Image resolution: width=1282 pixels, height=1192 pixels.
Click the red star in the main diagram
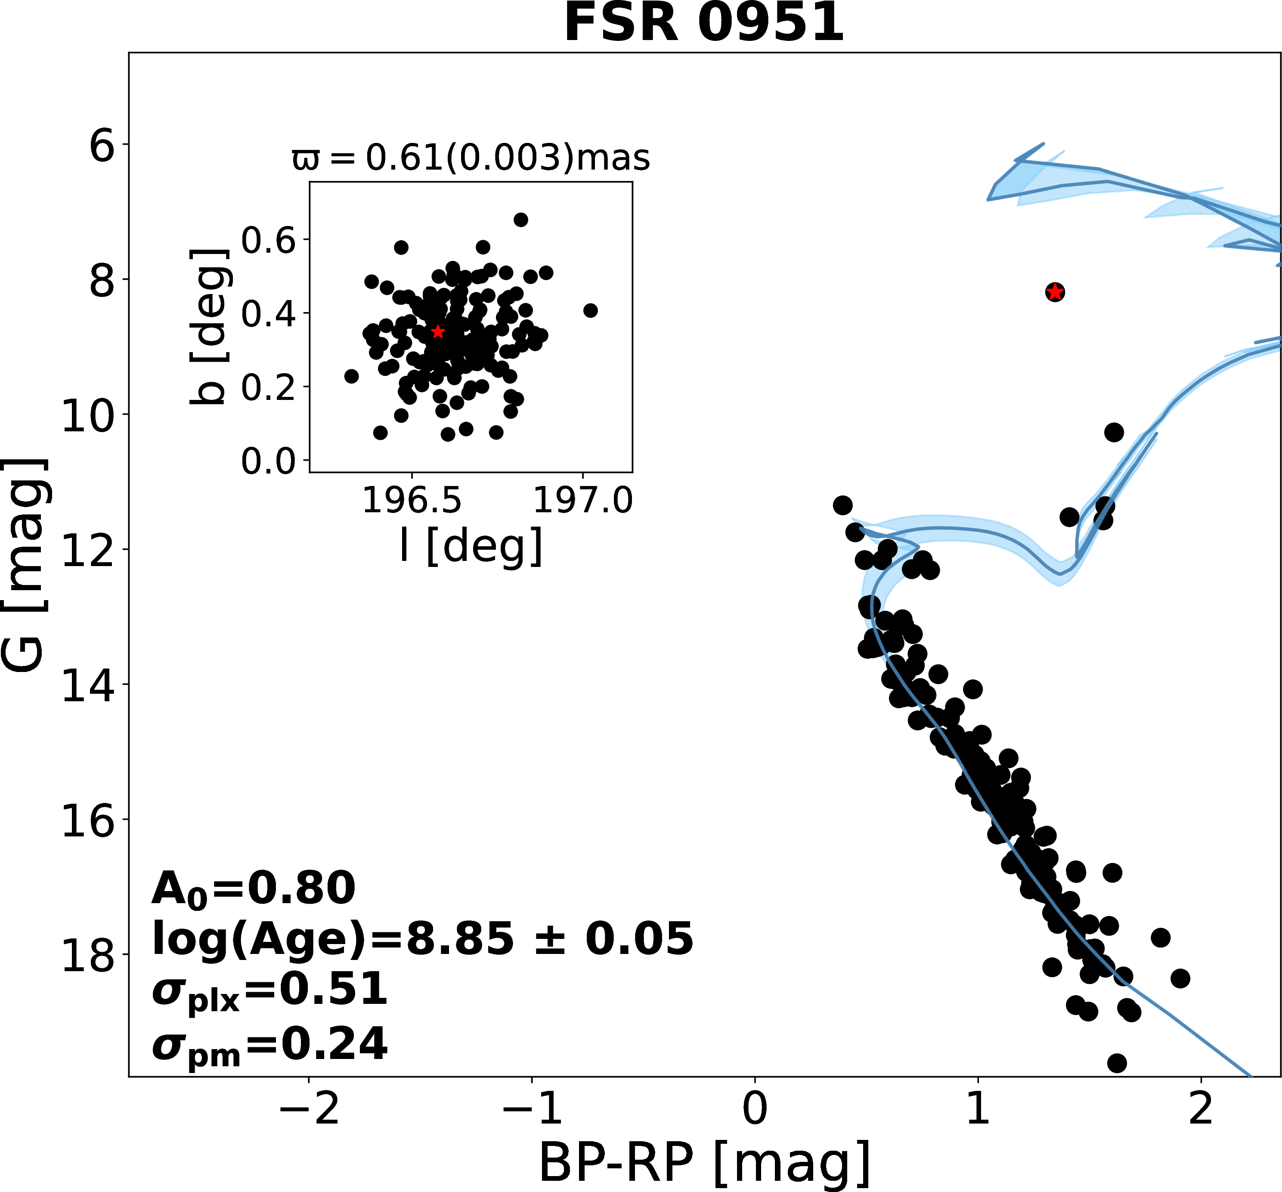1054,292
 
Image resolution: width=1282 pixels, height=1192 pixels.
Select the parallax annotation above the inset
471,158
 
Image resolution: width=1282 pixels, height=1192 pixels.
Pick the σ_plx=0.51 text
269,991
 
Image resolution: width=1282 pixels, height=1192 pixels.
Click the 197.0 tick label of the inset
583,500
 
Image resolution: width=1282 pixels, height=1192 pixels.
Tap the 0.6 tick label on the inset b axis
268,241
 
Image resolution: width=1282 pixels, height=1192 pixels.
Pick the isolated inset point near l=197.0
590,311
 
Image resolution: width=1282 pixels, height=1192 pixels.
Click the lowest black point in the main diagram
1116,1063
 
